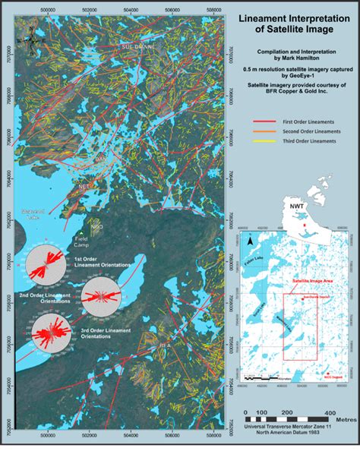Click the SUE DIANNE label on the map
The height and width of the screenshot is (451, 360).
click(x=137, y=46)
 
